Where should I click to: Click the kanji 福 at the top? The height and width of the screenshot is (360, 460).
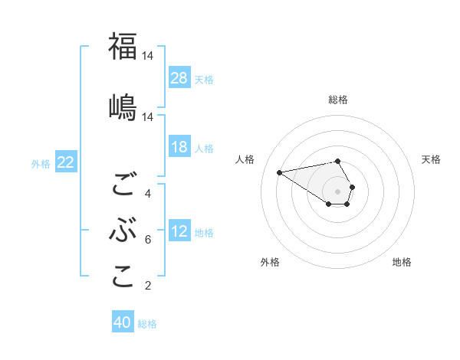(123, 47)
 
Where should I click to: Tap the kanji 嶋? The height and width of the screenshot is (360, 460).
(123, 106)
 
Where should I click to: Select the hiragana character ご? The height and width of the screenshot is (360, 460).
(123, 185)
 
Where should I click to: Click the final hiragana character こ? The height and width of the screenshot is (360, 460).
(123, 277)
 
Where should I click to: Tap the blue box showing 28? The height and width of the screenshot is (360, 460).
(179, 78)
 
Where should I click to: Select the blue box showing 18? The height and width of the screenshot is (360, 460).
(179, 147)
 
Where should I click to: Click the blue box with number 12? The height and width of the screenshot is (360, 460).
(179, 231)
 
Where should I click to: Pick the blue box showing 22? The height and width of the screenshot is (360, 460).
(66, 162)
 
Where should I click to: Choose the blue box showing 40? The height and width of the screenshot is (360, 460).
(123, 322)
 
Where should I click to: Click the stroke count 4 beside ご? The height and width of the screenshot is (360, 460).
(148, 193)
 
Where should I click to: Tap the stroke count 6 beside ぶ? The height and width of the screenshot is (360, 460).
(148, 240)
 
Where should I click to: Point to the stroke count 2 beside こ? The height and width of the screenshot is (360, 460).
(148, 286)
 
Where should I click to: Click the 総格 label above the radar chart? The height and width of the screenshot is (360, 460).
(338, 100)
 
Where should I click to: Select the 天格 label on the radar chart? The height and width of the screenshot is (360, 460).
(432, 159)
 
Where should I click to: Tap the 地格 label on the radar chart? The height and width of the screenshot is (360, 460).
(402, 262)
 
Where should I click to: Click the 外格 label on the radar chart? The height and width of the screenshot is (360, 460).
(270, 262)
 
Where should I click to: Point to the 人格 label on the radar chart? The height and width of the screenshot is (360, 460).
(245, 159)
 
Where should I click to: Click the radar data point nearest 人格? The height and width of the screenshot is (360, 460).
(280, 172)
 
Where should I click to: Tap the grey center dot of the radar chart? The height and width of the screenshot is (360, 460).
(338, 191)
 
